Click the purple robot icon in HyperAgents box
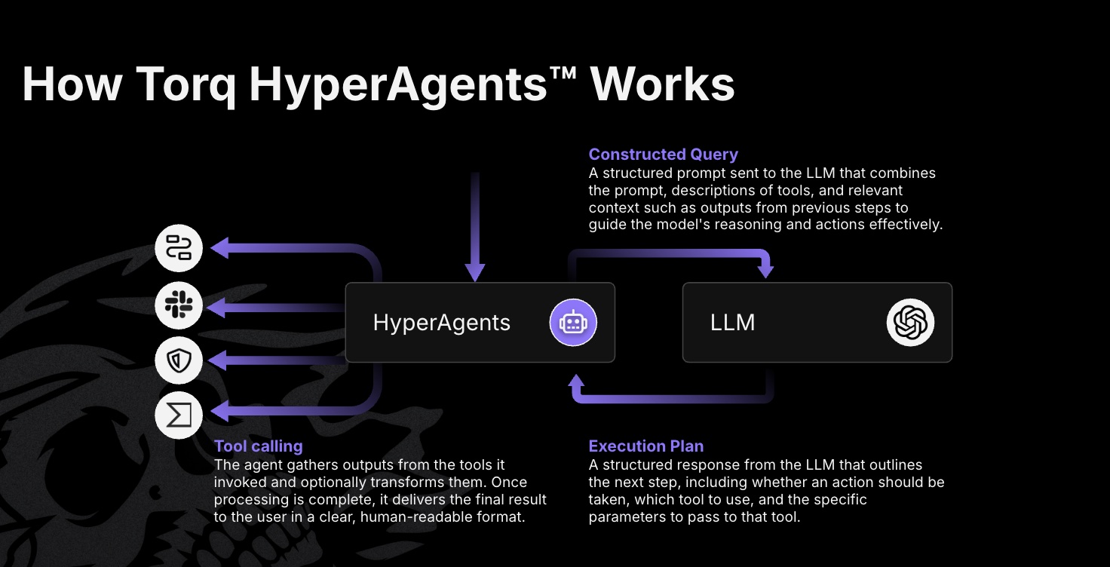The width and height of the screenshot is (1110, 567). [x=573, y=323]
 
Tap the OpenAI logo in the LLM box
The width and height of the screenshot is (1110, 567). [x=910, y=323]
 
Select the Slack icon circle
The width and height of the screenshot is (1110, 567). [x=179, y=305]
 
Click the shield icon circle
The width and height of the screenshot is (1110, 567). [x=179, y=360]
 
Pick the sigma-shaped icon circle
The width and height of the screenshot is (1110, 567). [x=179, y=415]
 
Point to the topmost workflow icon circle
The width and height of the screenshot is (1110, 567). [x=179, y=248]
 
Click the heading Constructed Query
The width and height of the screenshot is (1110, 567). [x=663, y=155]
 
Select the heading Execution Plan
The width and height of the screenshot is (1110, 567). [x=645, y=446]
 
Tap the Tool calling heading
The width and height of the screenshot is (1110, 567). [x=258, y=446]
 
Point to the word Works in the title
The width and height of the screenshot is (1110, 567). [x=662, y=84]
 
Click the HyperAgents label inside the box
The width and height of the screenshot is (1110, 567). [x=441, y=323]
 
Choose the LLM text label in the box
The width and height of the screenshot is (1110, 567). [x=732, y=323]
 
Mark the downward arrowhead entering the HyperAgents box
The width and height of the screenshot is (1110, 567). [x=474, y=272]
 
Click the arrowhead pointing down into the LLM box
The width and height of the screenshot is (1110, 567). [x=766, y=269]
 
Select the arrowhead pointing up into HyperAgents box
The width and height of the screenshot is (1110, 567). [x=577, y=376]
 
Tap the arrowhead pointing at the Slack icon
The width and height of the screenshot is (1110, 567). [x=218, y=306]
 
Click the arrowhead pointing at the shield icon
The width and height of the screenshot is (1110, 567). [x=218, y=360]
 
